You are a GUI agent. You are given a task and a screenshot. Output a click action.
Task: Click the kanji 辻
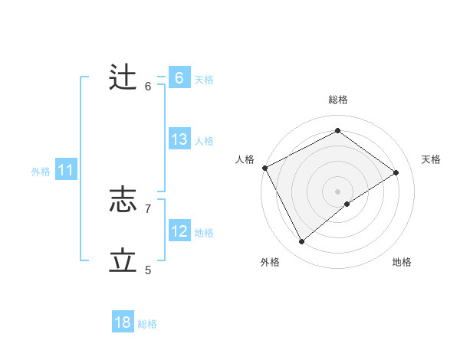tap(123, 78)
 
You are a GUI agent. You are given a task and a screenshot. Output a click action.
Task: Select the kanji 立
tap(123, 261)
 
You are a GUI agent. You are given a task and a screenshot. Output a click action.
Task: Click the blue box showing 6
tap(179, 78)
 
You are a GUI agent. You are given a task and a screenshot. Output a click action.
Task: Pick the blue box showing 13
tap(179, 139)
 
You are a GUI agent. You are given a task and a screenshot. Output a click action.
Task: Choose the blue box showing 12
tap(179, 231)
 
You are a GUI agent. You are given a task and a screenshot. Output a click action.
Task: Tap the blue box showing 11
tap(65, 171)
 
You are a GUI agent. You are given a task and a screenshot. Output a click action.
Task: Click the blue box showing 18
tap(123, 322)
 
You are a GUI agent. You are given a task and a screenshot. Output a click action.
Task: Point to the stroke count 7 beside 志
tap(148, 208)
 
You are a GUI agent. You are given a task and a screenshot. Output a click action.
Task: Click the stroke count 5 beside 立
tap(148, 270)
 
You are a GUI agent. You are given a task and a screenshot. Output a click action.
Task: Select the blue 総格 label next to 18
tap(147, 324)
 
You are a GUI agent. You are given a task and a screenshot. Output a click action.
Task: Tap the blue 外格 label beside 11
tap(41, 172)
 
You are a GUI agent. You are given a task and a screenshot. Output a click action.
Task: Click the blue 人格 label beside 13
tap(204, 141)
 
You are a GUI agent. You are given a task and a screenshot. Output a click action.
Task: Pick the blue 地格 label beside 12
tap(204, 233)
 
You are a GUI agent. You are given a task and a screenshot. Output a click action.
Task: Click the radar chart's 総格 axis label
tap(337, 100)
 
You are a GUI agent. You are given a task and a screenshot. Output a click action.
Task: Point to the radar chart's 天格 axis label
tap(432, 159)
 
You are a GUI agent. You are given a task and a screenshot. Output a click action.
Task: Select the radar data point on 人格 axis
tap(264, 168)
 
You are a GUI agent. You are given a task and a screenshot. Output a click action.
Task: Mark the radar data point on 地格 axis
tap(347, 204)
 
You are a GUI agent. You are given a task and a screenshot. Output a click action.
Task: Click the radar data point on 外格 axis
tap(301, 242)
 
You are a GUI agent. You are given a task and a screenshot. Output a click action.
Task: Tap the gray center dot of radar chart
tap(337, 191)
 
